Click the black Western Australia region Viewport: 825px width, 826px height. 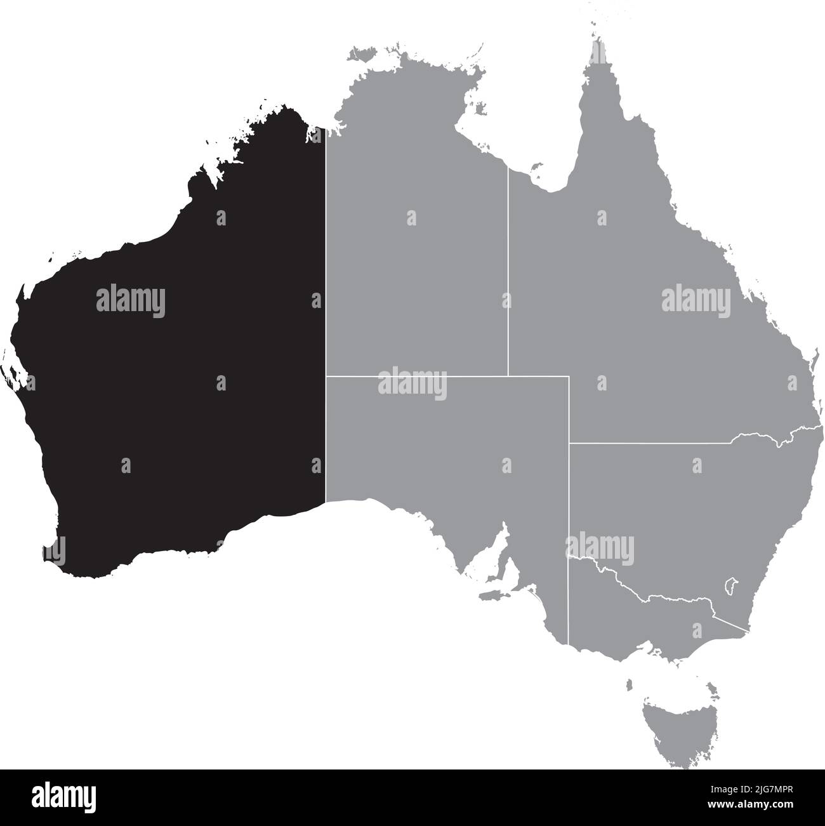[178, 356]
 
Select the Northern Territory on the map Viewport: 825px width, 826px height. [412, 267]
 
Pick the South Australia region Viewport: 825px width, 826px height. [444, 444]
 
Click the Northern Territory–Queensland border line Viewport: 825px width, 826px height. [508, 273]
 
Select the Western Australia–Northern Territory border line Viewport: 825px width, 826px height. [326, 286]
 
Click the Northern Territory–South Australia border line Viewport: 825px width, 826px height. [412, 376]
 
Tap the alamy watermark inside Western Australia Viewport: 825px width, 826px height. [131, 302]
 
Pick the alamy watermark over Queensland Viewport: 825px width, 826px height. [696, 300]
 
